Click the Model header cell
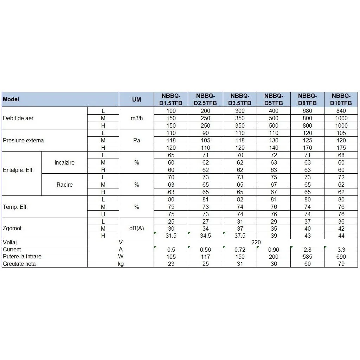11,99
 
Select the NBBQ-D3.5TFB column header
240,99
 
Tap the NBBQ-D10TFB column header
341,99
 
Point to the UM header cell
137,99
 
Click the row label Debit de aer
18,118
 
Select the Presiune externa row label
23,140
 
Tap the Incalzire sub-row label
65,162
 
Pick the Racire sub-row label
65,185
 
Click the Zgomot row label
12,228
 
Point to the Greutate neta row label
19,264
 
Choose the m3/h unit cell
137,118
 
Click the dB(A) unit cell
137,228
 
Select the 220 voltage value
256,243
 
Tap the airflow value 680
307,111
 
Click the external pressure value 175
341,148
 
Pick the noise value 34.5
205,236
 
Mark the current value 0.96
274,250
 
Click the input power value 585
307,257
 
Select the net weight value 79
341,264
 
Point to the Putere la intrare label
22,257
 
